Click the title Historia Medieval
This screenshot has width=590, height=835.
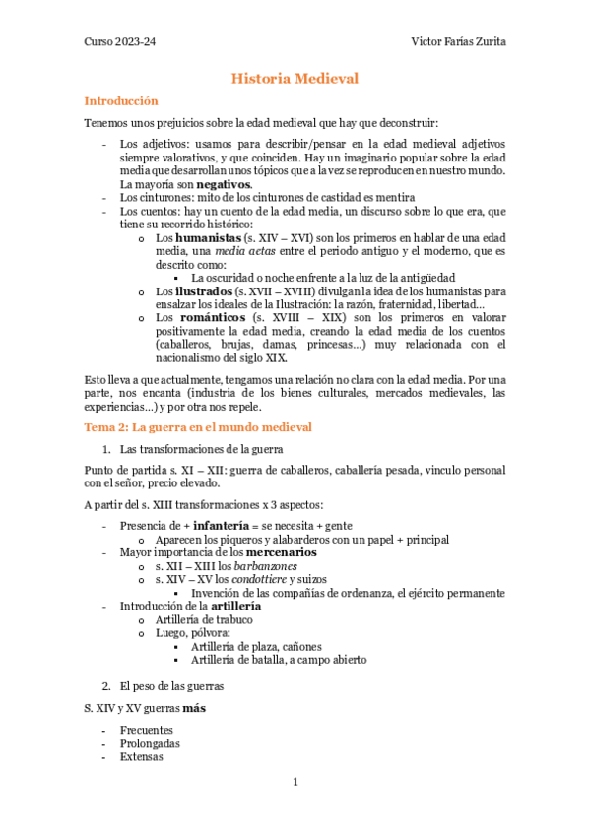(295, 78)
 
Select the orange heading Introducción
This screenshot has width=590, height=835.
(121, 100)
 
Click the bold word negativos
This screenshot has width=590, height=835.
(224, 184)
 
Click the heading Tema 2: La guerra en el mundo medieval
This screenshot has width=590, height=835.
(198, 426)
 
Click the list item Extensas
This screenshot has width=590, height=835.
(142, 757)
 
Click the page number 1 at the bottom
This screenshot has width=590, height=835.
(295, 782)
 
